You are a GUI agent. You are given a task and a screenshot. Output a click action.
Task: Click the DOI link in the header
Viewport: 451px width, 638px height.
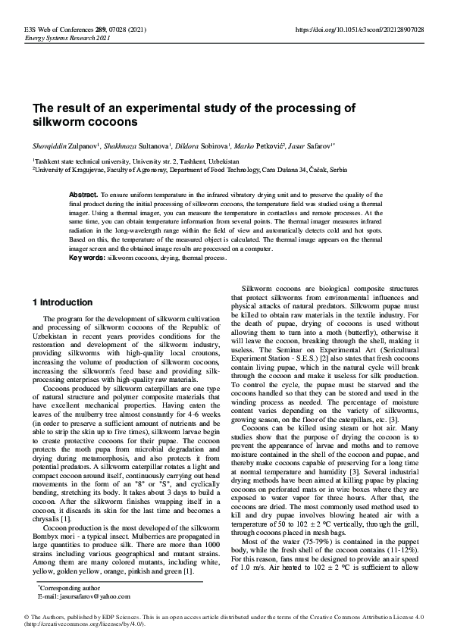[359, 29]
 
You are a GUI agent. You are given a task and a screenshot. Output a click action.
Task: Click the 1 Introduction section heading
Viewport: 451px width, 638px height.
[64, 302]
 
